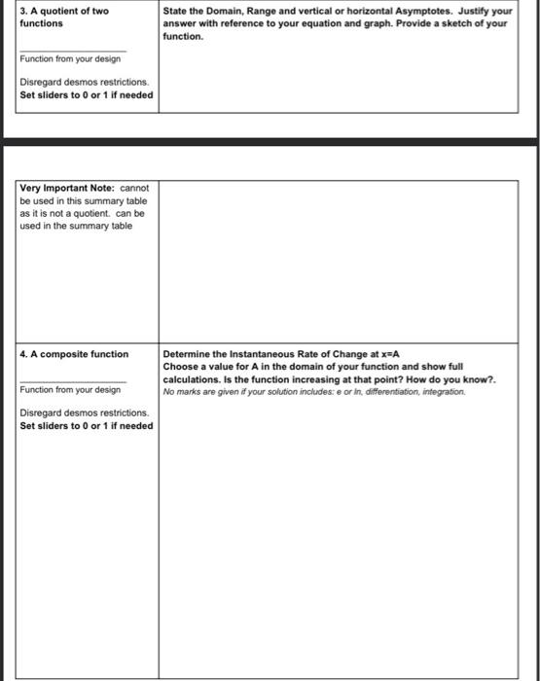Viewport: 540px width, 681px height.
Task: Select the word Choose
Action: pyautogui.click(x=181, y=367)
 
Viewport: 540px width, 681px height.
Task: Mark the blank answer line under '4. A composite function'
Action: pyautogui.click(x=72, y=378)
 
